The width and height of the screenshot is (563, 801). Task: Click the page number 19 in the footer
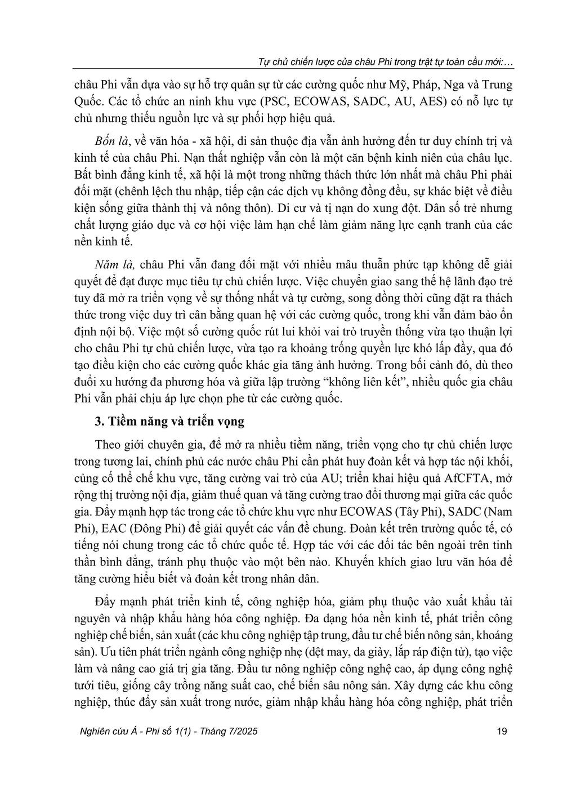503,732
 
